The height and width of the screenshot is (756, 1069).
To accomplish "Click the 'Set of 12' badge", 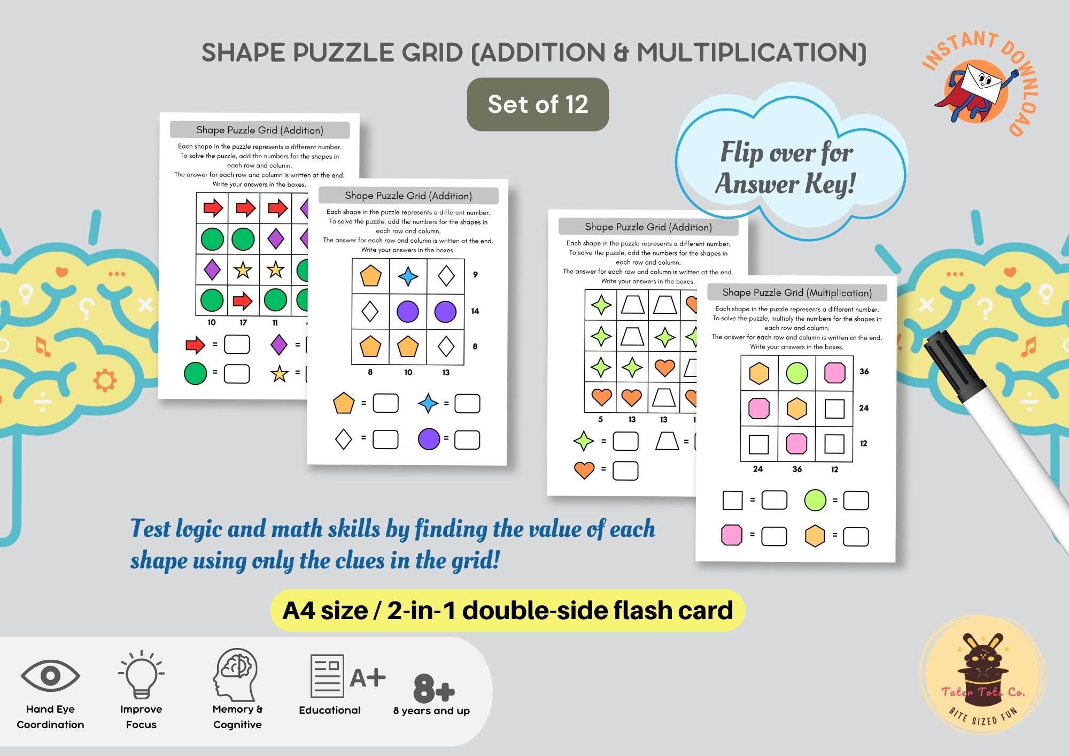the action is point(538,104).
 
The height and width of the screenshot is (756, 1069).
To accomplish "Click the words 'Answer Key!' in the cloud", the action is point(785,184).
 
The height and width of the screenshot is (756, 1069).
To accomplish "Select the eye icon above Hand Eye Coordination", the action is point(50,676).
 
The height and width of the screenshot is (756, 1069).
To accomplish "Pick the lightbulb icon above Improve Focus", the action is point(141,674).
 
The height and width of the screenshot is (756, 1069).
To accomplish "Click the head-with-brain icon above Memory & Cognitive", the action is point(236,675).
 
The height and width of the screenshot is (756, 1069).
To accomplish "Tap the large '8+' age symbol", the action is point(433,689).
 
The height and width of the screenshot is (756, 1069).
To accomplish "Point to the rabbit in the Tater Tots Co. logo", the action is point(982,655).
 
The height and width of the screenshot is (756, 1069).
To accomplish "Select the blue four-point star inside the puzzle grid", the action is point(408,276).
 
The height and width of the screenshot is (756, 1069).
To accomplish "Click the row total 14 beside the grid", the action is point(475,311).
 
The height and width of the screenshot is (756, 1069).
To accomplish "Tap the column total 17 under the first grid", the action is point(243,322).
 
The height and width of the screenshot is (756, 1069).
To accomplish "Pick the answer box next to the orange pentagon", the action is point(385,403).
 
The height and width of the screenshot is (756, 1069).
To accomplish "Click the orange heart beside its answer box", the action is point(584,470).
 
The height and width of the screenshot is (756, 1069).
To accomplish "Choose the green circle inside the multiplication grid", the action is point(796,373).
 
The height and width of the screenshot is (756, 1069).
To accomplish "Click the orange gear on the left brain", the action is point(105,381).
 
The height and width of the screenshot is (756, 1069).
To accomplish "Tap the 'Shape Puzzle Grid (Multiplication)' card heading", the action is point(797,292).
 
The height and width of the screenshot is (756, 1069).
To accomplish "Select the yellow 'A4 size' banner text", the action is point(508,611).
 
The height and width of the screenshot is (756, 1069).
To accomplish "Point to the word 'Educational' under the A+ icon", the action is point(330,710).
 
